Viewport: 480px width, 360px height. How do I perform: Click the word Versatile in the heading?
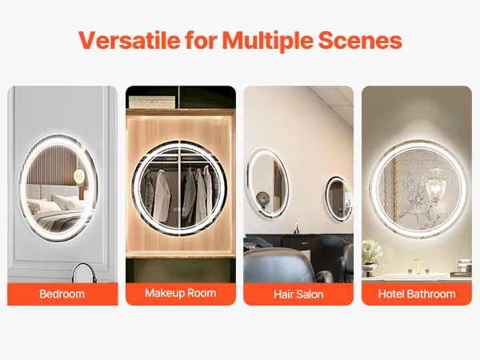129,40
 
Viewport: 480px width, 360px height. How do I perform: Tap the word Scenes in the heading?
360,40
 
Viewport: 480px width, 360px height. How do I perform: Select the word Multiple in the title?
267,42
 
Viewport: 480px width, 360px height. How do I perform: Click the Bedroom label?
62,294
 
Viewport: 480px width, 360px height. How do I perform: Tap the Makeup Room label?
181,293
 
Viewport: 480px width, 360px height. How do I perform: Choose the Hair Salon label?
298,294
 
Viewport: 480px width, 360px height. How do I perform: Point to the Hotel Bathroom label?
417,294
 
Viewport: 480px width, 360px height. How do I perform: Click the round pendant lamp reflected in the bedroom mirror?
79,176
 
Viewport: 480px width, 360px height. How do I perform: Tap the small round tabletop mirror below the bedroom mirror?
83,274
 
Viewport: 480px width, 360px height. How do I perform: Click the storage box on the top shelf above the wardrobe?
152,102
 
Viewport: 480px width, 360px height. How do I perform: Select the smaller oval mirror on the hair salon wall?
338,198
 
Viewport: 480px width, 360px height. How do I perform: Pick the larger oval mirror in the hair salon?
267,183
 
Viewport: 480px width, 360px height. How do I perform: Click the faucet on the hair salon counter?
296,228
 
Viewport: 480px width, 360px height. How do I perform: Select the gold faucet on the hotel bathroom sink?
416,266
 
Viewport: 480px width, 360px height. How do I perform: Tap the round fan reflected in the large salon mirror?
263,198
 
